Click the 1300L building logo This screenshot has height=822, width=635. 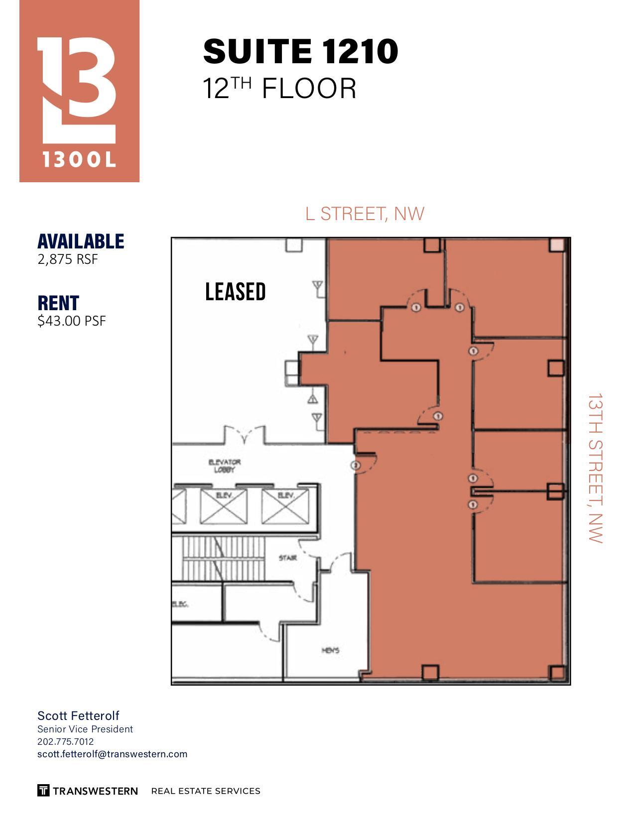[79, 91]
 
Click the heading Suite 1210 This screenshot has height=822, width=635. [300, 51]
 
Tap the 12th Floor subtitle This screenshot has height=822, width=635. [279, 89]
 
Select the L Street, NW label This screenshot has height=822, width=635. [365, 214]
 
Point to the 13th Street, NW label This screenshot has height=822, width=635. [595, 468]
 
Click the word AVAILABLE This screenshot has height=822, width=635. [81, 241]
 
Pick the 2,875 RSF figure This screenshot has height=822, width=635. [68, 259]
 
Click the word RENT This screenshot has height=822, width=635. [58, 303]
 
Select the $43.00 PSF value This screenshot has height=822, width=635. [72, 321]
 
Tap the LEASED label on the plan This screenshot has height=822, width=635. [236, 292]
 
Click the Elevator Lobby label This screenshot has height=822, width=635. [224, 466]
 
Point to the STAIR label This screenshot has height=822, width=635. [288, 558]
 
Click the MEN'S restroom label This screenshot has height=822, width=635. [330, 650]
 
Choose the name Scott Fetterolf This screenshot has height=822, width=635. [78, 715]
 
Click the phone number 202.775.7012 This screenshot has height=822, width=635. [65, 741]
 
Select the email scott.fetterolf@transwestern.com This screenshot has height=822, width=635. [112, 754]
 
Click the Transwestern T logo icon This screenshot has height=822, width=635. [43, 790]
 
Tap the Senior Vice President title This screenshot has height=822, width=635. [85, 729]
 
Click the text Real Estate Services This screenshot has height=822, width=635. [206, 791]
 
